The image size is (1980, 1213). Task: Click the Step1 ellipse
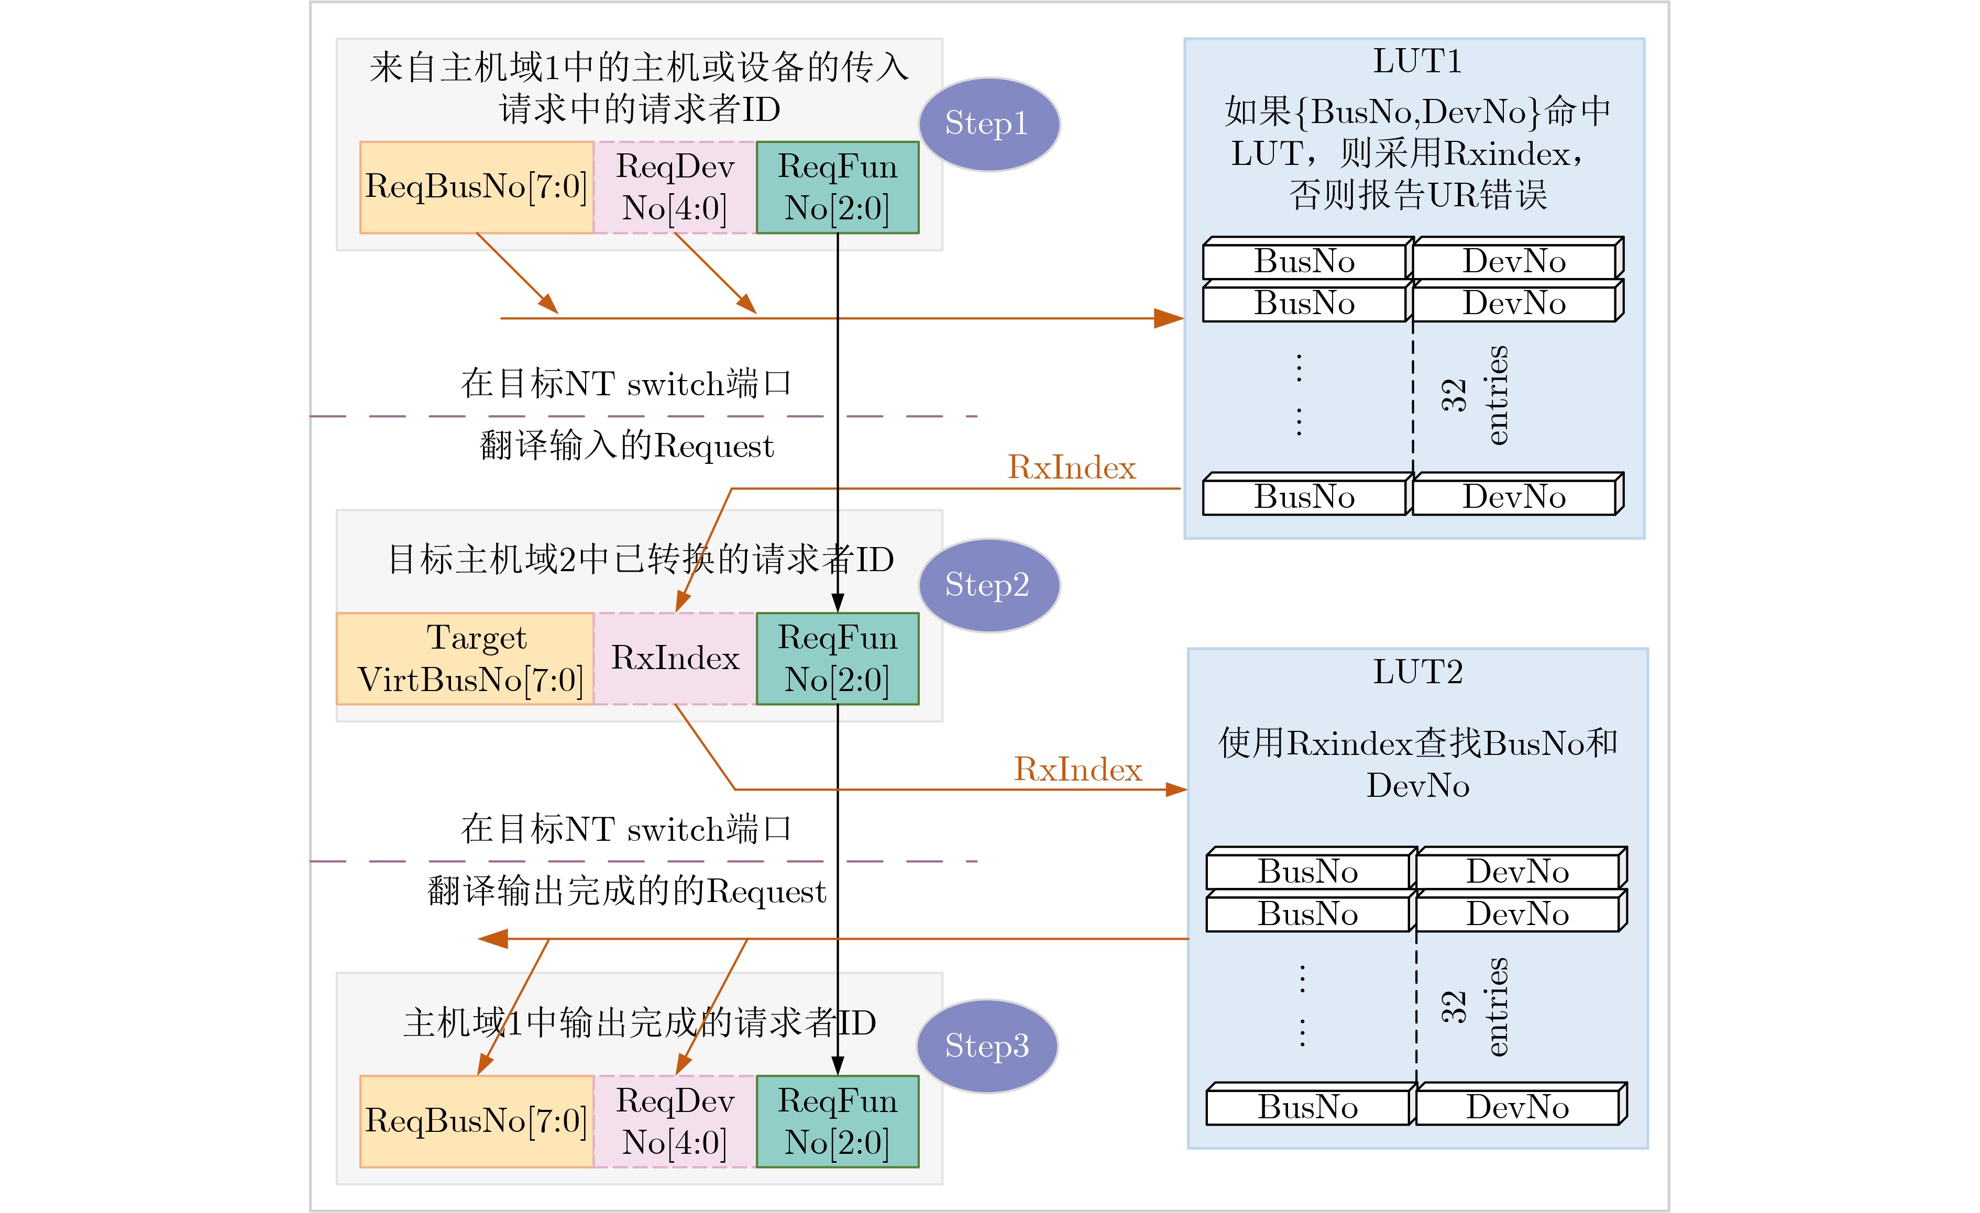pos(988,125)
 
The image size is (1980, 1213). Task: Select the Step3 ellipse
pos(987,1046)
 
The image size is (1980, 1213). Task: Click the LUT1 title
pos(1417,62)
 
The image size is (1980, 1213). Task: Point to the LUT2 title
pos(1417,672)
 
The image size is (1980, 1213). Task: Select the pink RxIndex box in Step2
pos(675,659)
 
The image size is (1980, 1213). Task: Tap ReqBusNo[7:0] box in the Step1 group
pos(477,187)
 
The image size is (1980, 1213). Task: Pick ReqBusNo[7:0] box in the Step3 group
pos(477,1121)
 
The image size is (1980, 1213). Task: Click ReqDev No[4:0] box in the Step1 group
pos(675,187)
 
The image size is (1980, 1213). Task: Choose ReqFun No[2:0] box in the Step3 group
pos(838,1121)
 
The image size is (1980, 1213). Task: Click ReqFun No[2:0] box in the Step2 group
pos(838,659)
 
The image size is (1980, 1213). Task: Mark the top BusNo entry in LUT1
pos(1304,261)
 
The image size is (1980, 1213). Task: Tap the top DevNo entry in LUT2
pos(1517,872)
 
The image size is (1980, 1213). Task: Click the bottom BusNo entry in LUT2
pos(1307,1107)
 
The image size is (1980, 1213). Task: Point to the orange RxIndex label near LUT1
pos(1072,468)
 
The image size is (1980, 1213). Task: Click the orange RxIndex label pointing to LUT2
pos(1077,770)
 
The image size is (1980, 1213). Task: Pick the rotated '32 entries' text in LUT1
pos(1475,395)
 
